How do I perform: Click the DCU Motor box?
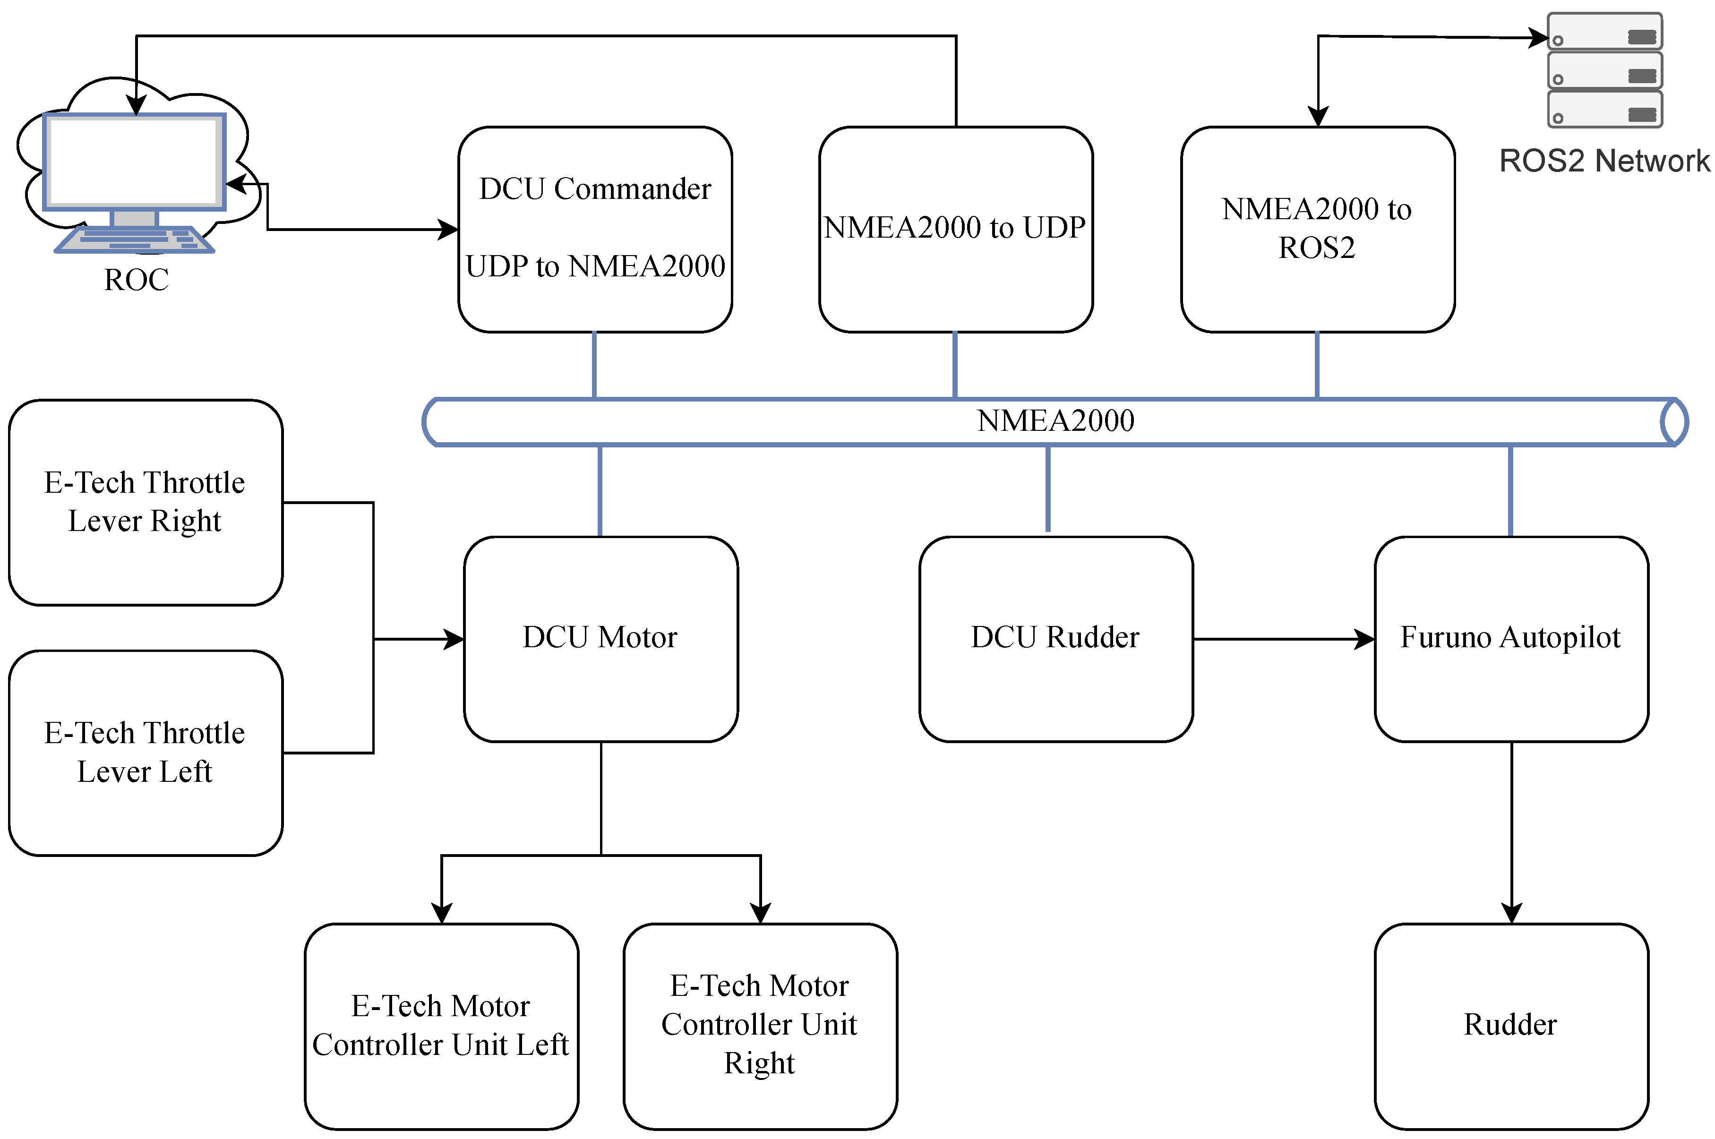point(600,639)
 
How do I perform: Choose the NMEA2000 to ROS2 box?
point(1316,229)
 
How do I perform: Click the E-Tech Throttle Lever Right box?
point(145,502)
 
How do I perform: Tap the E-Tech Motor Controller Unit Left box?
point(441,1025)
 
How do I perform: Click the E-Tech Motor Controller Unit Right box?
point(759,1025)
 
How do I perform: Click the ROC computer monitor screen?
point(134,161)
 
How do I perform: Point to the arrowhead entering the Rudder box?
point(1511,914)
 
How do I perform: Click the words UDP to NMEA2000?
point(595,266)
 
